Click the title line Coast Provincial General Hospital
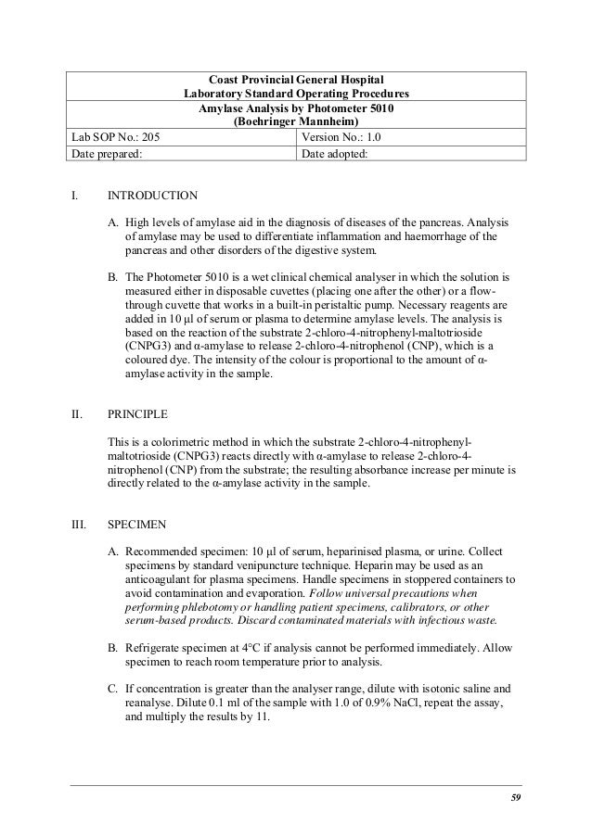296,79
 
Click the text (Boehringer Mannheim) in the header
296,121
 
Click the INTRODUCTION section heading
152,197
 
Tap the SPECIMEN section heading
137,524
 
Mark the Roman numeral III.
79,524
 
